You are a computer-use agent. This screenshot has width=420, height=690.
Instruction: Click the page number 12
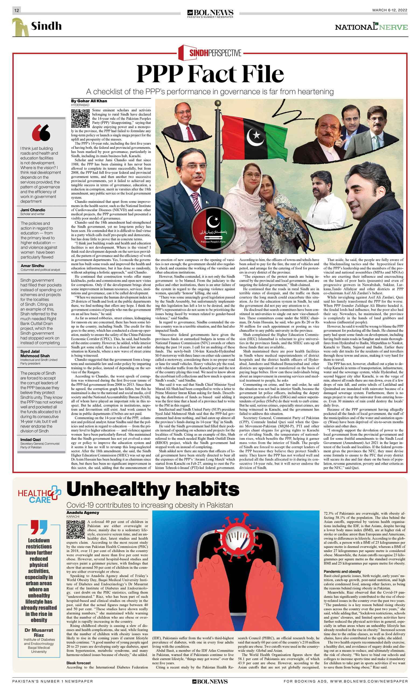[16, 10]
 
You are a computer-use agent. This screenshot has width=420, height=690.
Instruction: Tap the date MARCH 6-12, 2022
[390, 10]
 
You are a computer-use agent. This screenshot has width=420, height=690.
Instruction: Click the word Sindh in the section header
[46, 26]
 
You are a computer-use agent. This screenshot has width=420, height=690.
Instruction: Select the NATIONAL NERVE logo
[371, 27]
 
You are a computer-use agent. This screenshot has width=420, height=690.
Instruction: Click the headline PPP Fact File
[210, 74]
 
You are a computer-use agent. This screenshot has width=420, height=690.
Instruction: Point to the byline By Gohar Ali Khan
[89, 101]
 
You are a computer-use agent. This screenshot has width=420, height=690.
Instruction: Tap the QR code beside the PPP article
[80, 118]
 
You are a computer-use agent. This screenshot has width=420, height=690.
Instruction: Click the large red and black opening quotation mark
[41, 133]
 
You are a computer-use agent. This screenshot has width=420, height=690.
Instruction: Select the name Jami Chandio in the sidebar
[33, 210]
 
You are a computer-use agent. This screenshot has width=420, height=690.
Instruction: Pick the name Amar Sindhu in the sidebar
[32, 266]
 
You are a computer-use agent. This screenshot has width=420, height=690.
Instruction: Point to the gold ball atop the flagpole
[217, 103]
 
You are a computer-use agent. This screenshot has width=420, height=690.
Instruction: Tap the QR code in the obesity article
[75, 529]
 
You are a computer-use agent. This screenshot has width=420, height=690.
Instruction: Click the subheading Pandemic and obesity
[342, 571]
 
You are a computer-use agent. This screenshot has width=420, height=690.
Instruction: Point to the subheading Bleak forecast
[78, 663]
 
